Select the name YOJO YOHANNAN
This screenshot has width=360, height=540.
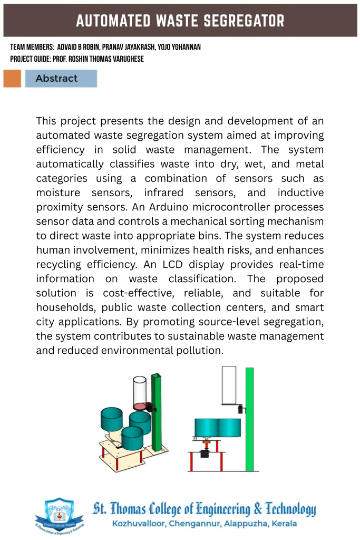[179, 47]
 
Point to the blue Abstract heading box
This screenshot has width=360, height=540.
[61, 79]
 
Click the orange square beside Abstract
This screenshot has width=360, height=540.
[12, 79]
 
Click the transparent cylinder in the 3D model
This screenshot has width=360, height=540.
[140, 389]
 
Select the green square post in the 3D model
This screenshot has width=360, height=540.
[156, 411]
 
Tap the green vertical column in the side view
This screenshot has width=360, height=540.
[249, 419]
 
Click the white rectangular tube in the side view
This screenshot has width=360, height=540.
[229, 385]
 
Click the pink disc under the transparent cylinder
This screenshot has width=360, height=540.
[141, 406]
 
